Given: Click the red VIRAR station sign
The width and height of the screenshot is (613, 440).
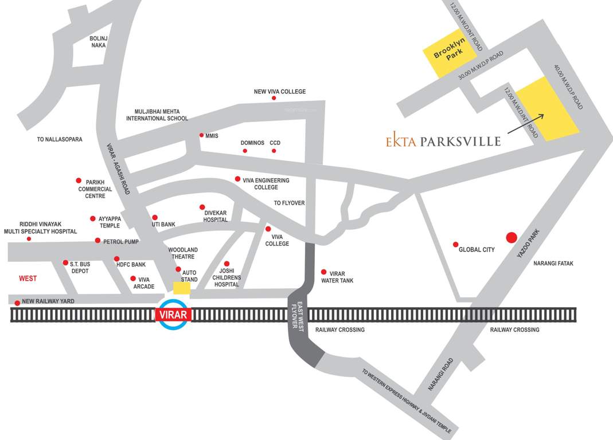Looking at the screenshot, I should click(174, 315).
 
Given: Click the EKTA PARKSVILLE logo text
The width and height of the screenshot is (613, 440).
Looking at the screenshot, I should click(443, 141).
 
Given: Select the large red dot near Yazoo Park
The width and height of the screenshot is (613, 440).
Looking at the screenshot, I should click(511, 237).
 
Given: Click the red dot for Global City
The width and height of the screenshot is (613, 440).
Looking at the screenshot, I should click(456, 245).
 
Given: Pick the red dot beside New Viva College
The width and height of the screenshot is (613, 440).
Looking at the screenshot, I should click(274, 99).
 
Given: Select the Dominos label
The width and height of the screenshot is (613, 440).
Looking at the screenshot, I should click(252, 143).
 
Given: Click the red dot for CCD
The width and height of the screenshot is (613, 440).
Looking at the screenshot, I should click(274, 151).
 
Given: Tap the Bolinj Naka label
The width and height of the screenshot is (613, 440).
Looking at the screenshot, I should click(99, 42).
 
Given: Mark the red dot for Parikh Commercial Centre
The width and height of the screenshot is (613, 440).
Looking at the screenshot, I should click(79, 180).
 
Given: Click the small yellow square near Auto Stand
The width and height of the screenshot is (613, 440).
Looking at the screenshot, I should click(182, 288).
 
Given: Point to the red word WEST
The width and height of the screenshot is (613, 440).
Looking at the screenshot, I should click(28, 278).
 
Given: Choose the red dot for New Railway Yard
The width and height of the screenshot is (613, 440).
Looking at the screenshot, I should click(17, 303).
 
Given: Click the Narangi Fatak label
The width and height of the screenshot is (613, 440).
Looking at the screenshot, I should click(553, 264).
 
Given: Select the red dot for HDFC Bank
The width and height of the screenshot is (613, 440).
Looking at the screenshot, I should click(116, 259).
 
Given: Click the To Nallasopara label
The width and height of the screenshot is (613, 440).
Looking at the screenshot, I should click(60, 139).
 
